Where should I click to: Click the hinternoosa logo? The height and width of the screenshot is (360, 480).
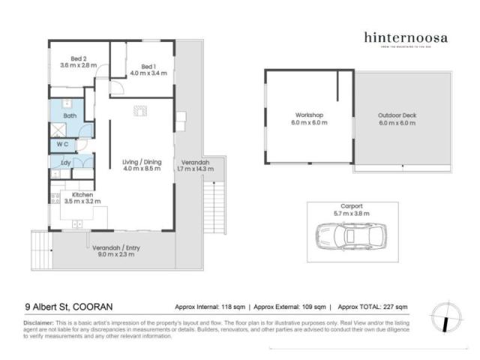point(406,38)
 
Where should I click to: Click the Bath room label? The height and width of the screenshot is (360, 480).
point(70,116)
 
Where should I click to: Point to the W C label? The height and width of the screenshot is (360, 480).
point(64,143)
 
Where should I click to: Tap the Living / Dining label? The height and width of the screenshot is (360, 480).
point(142,165)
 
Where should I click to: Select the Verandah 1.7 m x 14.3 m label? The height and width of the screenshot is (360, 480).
point(193,166)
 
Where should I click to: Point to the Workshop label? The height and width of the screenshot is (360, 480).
point(308,118)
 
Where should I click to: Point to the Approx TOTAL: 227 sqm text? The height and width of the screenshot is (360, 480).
point(373,307)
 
